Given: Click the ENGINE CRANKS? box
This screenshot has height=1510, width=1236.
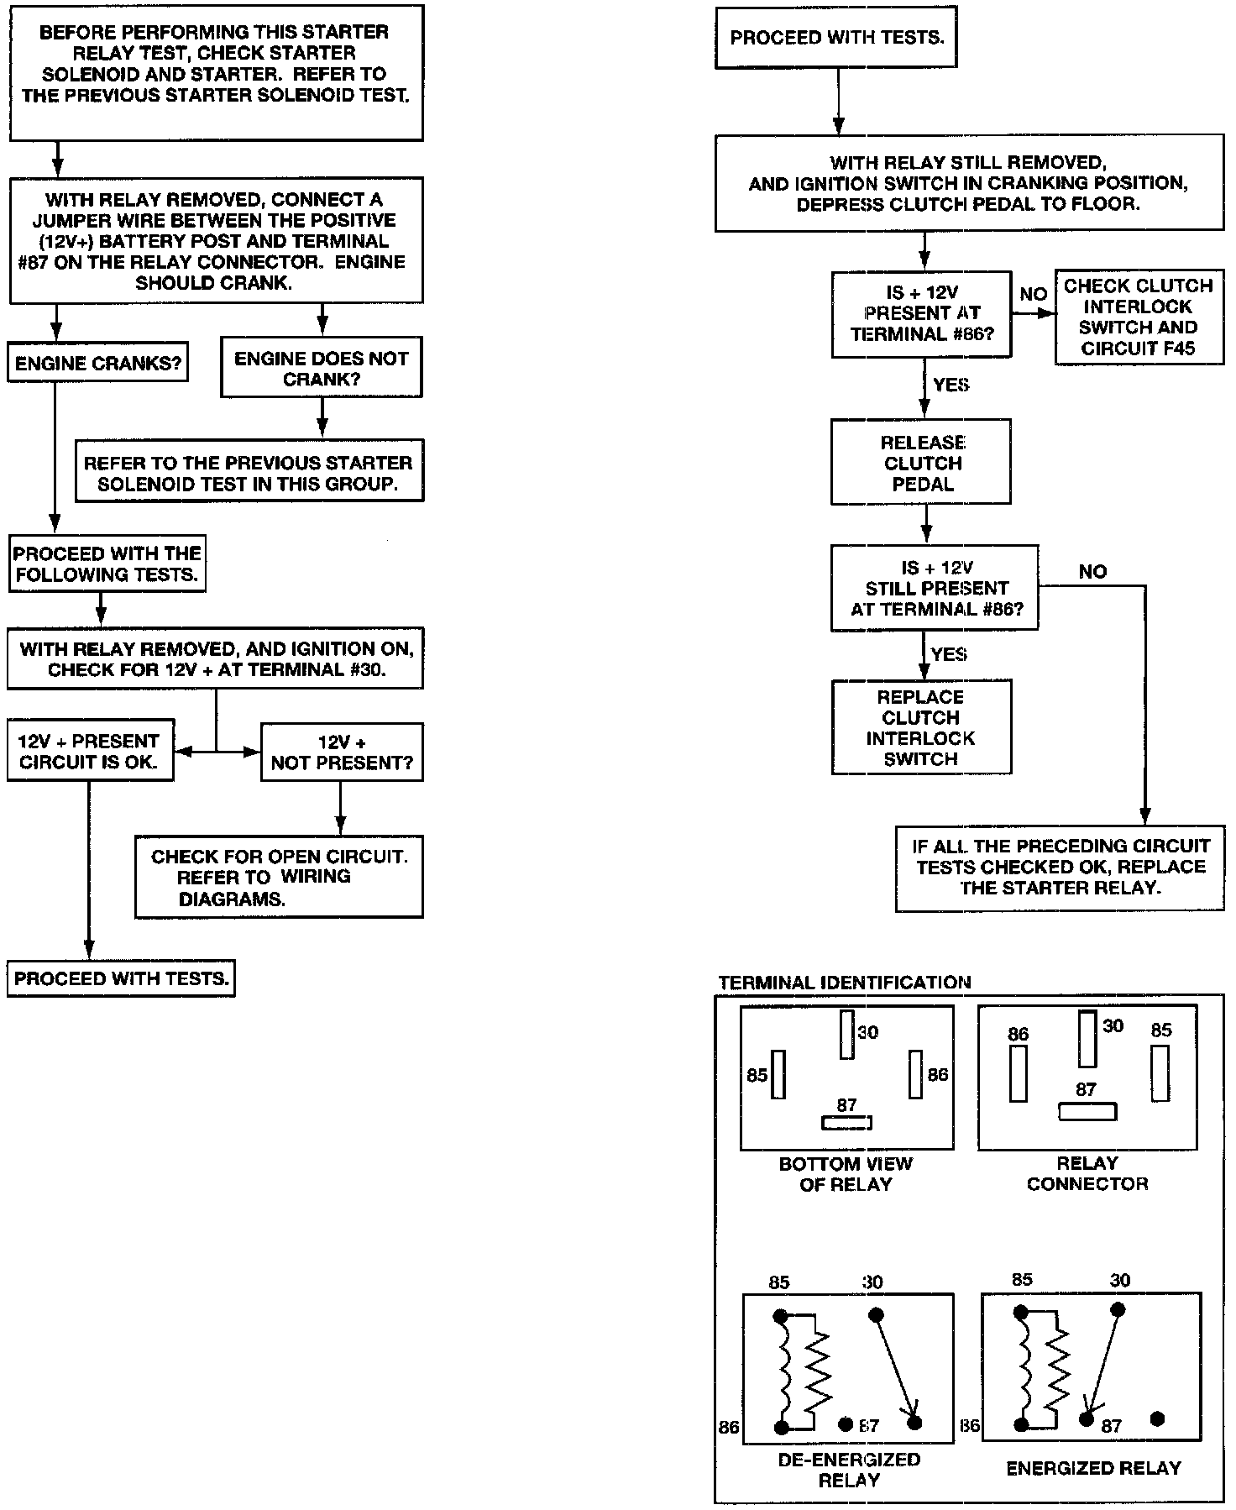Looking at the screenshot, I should (97, 363).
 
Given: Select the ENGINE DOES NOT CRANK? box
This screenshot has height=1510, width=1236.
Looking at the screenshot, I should (321, 368).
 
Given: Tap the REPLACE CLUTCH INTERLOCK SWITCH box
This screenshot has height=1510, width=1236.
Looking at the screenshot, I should (921, 727).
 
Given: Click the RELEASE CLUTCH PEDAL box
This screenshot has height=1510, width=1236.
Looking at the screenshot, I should (921, 463).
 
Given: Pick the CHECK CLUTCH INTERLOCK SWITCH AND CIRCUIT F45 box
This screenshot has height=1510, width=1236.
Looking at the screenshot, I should (1139, 317).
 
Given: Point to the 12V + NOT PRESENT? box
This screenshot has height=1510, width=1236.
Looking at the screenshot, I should (342, 752).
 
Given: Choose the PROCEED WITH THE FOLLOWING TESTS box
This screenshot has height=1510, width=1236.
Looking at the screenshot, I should (107, 564).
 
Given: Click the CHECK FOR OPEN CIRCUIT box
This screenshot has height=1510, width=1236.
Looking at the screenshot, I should (279, 877).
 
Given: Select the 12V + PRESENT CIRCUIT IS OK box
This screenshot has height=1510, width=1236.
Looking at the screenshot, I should (90, 751).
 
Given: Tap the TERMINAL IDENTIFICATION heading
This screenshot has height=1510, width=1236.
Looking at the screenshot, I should (845, 982).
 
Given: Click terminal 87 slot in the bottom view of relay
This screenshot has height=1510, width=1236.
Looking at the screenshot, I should (846, 1123).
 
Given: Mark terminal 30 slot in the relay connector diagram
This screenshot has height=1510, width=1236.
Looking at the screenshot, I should (1087, 1039).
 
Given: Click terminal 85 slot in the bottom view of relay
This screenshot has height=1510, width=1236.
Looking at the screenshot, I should (778, 1074).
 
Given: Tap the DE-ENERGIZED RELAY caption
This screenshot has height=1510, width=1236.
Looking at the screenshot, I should (848, 1470).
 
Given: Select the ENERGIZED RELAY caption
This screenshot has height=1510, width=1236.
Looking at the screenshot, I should (1093, 1468).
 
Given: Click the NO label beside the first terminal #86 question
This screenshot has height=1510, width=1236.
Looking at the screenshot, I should (1033, 294).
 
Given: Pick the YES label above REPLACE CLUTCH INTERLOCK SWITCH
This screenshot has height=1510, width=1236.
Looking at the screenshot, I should (950, 654).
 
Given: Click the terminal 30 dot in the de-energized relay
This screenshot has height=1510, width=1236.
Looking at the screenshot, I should (875, 1314).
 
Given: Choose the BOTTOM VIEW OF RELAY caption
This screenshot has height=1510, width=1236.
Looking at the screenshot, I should (846, 1174).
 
